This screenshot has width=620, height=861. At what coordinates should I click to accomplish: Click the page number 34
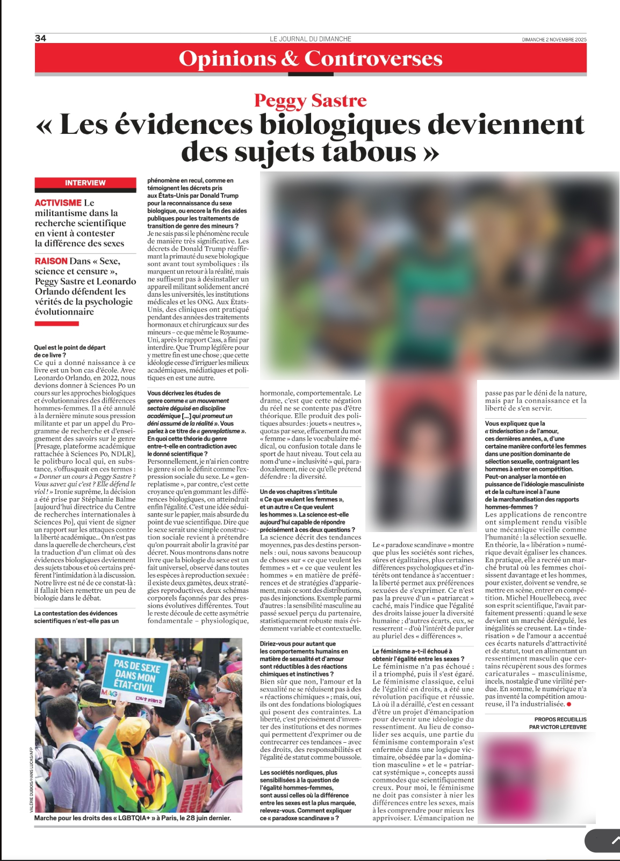point(40,38)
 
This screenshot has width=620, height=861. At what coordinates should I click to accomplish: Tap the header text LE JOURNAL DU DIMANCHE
point(311,39)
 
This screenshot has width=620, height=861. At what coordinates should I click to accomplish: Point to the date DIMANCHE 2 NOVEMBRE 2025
point(554,40)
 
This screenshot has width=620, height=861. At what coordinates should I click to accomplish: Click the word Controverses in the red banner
point(373,58)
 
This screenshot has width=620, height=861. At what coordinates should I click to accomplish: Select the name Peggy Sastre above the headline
point(310,101)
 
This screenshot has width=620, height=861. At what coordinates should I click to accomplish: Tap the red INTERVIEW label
point(85,183)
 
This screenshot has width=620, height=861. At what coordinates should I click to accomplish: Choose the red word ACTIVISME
point(58,203)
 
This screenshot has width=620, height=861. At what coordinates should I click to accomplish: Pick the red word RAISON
point(51,261)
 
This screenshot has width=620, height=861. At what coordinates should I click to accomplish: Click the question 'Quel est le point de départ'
point(70,348)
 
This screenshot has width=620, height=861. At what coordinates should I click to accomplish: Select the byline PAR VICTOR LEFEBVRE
point(558,727)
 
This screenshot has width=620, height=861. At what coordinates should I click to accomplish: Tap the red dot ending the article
point(569,704)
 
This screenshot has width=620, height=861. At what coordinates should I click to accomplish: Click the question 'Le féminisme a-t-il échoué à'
point(412,651)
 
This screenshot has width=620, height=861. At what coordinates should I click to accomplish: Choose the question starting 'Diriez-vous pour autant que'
point(298,644)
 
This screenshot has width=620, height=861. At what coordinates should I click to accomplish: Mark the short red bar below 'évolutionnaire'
point(56,324)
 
